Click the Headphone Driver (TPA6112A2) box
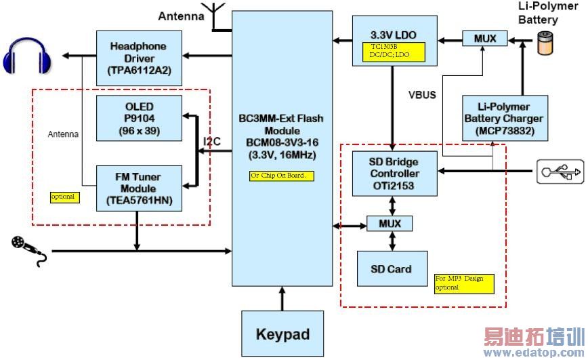click(139, 57)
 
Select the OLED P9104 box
click(139, 118)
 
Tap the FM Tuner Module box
click(139, 188)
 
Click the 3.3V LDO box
click(392, 38)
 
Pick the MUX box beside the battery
click(484, 39)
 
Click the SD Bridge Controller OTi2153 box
click(394, 174)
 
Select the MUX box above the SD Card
click(389, 222)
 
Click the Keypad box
click(282, 334)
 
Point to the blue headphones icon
click(28, 56)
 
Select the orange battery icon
click(544, 44)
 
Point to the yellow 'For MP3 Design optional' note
click(463, 283)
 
